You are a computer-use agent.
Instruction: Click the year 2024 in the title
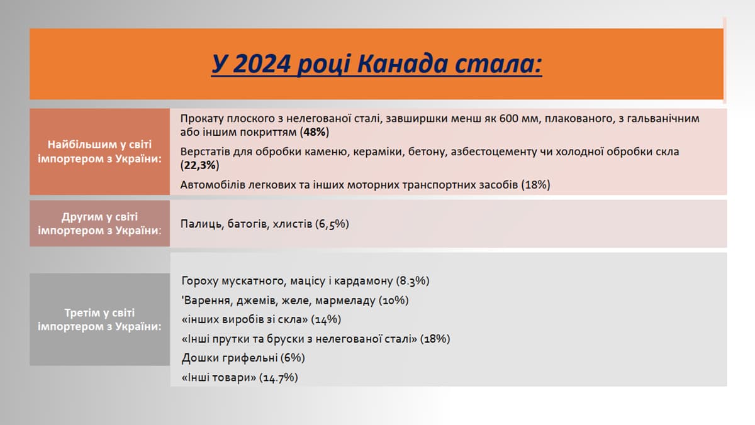(x=262, y=63)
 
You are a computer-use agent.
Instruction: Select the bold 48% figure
(x=315, y=132)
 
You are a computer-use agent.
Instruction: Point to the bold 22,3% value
(x=200, y=165)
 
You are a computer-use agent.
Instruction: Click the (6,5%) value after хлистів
(x=332, y=224)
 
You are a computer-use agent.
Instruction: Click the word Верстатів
(x=205, y=152)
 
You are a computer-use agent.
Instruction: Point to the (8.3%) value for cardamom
(x=413, y=281)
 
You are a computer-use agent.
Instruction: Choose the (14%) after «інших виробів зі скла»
(x=326, y=319)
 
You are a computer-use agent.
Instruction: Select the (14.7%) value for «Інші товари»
(x=278, y=377)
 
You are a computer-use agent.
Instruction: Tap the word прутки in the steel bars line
(x=230, y=339)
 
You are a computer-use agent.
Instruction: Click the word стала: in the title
(x=498, y=63)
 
